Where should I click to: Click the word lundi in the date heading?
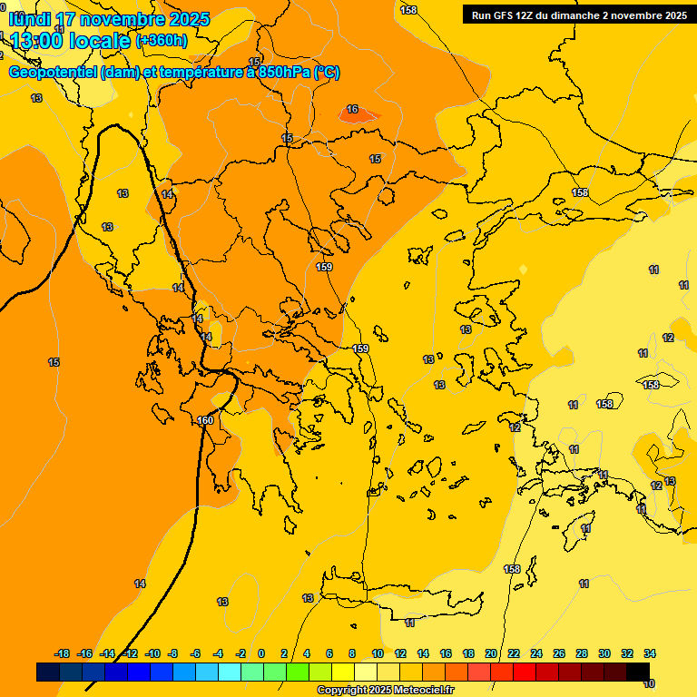pos(30,19)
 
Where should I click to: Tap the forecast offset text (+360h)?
pos(162,40)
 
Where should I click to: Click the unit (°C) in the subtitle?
pos(328,73)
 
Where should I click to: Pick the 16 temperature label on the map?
pos(352,110)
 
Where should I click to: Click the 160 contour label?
pos(206,420)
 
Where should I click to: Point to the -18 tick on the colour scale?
pos(63,653)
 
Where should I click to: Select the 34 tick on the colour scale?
pos(650,653)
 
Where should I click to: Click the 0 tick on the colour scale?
pos(261,653)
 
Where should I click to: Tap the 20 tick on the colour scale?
pos(491,653)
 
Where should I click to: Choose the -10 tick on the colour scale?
pos(152,653)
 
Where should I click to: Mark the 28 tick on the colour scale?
pos(582,653)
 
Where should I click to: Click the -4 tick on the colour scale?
pos(218,653)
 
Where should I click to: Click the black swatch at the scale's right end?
pos(638,672)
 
